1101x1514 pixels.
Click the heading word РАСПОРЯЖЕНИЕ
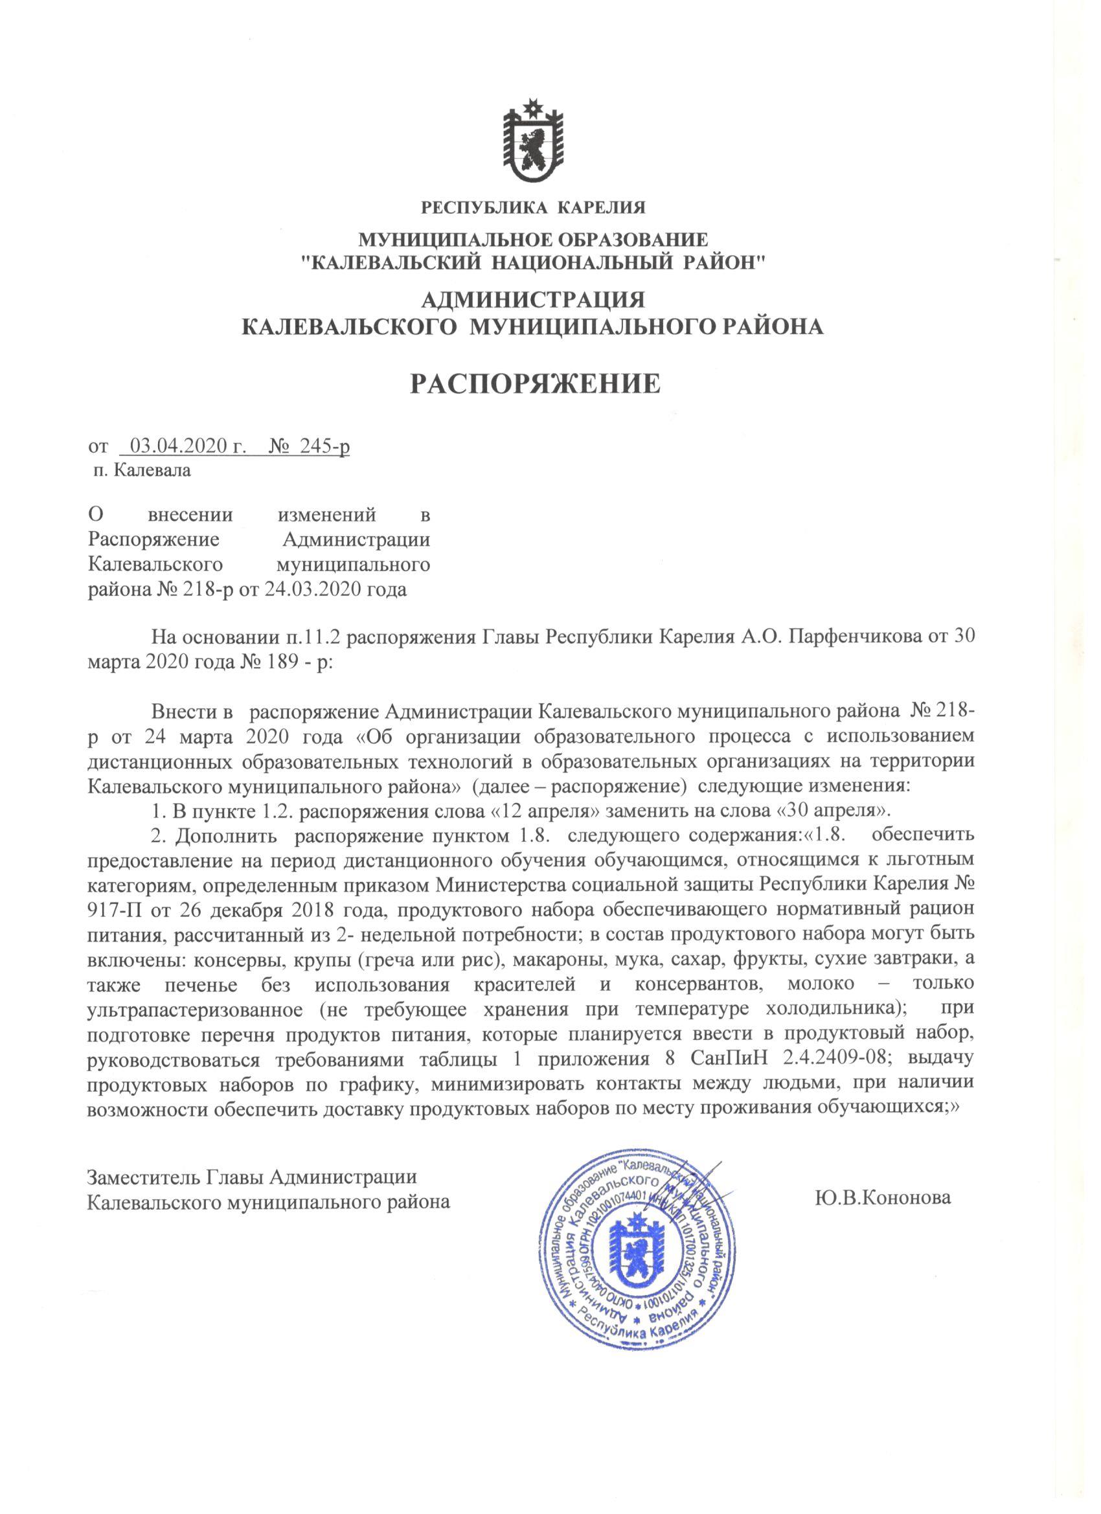point(534,383)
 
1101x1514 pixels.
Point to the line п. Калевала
point(142,471)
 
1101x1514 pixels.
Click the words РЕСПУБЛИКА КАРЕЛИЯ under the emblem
point(533,207)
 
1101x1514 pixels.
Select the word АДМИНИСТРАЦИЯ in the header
point(533,299)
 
